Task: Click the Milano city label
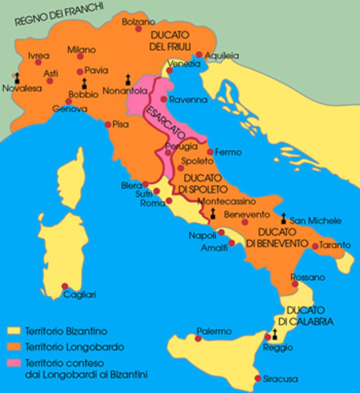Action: pyautogui.click(x=81, y=48)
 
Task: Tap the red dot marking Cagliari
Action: pyautogui.click(x=65, y=286)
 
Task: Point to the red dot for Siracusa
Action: pyautogui.click(x=259, y=378)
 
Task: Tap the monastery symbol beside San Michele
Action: pyautogui.click(x=284, y=219)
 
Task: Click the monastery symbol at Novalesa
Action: pyautogui.click(x=16, y=78)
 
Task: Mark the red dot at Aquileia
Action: pyautogui.click(x=199, y=55)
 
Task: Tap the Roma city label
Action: pyautogui.click(x=152, y=203)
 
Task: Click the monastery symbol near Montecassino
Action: pyautogui.click(x=213, y=213)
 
